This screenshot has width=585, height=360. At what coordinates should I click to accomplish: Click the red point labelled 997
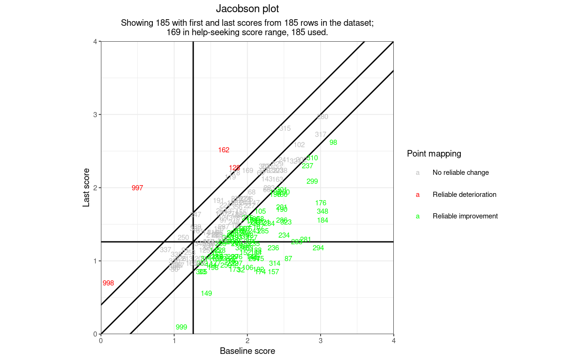coord(137,188)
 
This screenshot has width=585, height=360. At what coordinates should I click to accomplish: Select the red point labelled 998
coord(108,283)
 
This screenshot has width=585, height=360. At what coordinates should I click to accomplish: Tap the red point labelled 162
coord(224,150)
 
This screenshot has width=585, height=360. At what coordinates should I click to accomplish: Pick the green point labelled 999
coord(181,327)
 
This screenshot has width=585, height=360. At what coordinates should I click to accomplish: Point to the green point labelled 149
coord(206,293)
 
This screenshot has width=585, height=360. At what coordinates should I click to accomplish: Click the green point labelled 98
coord(333,142)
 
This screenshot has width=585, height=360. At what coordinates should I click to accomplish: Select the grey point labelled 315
coord(285,128)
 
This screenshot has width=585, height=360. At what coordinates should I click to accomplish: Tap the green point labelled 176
coord(321,203)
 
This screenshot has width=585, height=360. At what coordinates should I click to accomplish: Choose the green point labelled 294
coord(318,248)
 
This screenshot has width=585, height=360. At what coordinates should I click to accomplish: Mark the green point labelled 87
coord(288,259)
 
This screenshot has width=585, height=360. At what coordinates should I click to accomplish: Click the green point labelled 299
coord(312,181)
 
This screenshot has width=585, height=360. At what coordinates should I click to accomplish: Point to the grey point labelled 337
coord(165,250)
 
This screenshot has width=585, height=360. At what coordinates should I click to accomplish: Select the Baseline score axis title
coord(247,351)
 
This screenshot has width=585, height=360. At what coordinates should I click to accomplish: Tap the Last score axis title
coord(86,187)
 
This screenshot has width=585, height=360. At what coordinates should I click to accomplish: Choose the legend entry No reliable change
coord(460,172)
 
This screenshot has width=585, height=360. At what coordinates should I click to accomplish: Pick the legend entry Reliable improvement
coord(465,216)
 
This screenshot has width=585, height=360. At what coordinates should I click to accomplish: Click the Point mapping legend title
coord(434,153)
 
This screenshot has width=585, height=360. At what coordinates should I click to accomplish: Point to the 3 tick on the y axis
coord(96,115)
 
